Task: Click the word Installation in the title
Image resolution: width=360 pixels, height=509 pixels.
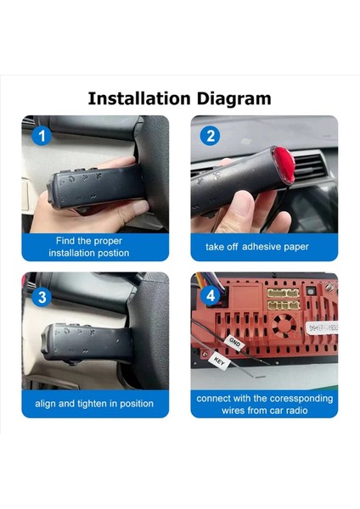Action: coord(140,98)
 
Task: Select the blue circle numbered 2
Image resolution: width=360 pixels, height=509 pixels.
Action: coord(211,136)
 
